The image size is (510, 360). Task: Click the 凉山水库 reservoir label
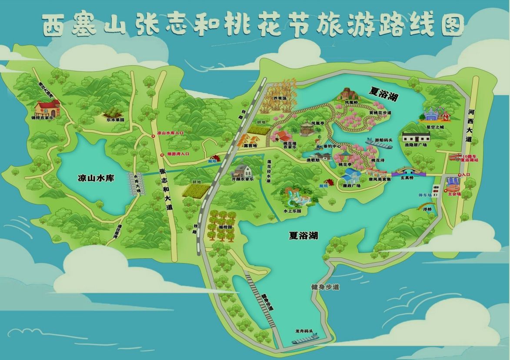[x=96, y=178]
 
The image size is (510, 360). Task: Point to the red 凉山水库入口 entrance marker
[x=153, y=136]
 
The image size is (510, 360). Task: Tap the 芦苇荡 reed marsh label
[x=280, y=98]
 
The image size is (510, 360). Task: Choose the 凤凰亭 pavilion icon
[x=307, y=127]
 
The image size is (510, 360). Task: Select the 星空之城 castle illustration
[x=434, y=114]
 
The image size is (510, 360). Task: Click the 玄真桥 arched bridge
[x=407, y=171]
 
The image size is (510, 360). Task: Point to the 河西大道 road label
[x=468, y=125]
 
